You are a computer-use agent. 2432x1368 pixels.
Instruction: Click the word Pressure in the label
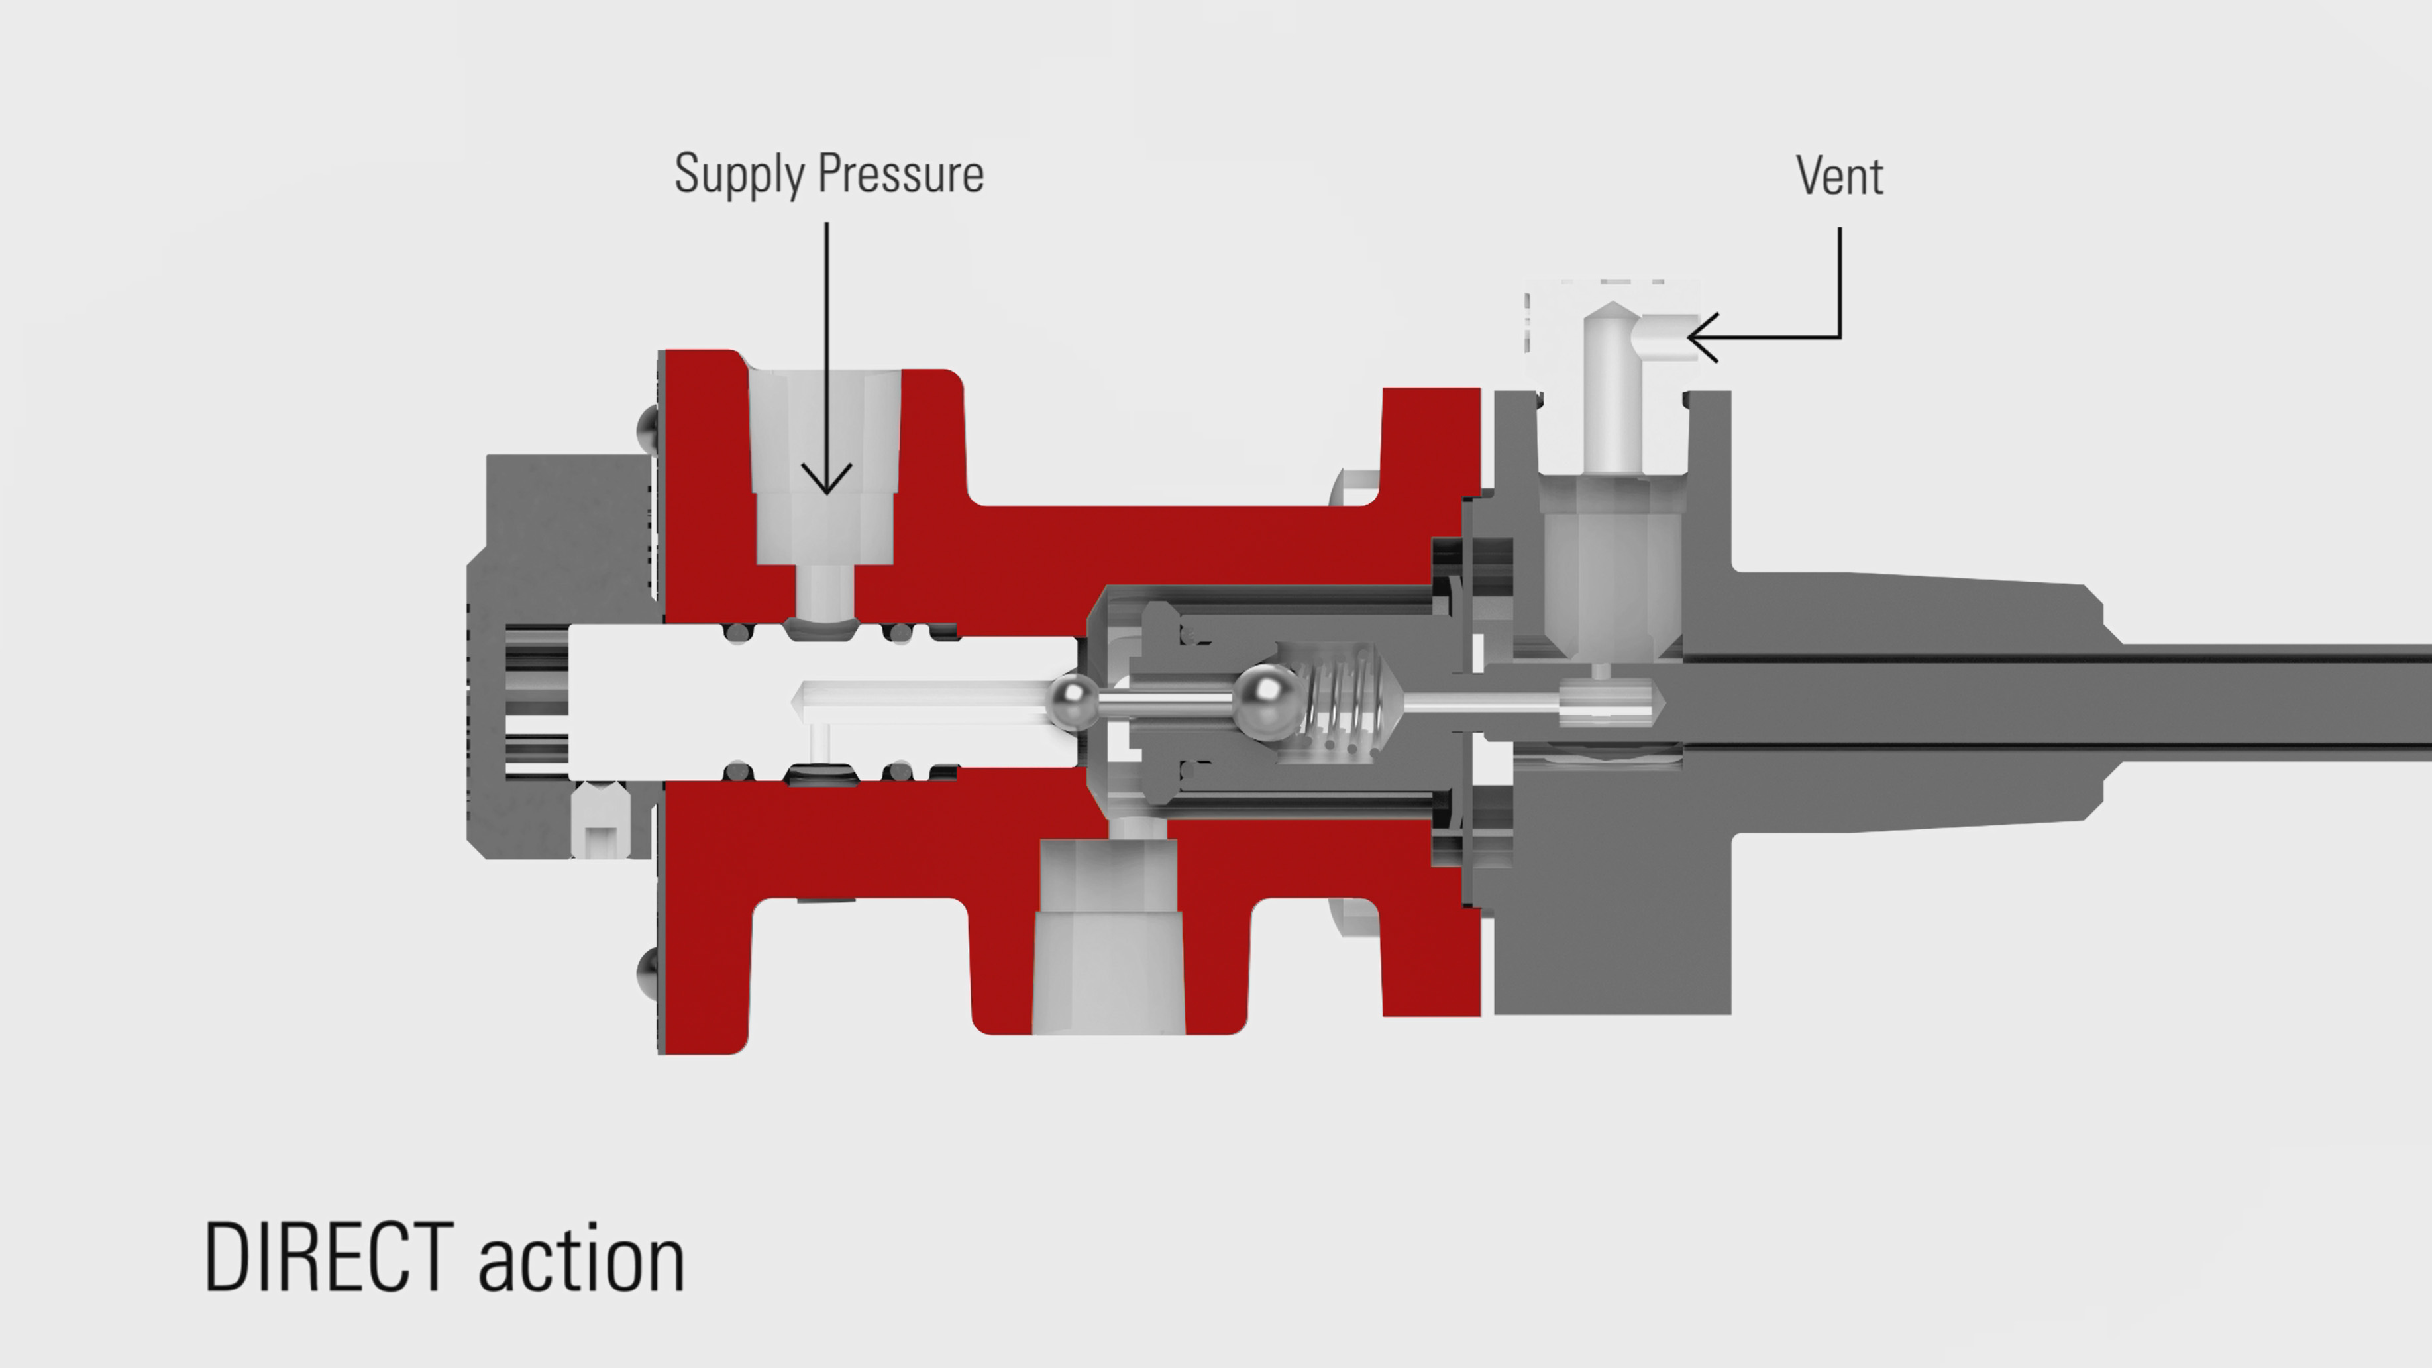click(901, 175)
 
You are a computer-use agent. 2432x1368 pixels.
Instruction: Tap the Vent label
click(1838, 176)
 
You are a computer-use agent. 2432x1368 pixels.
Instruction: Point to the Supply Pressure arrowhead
click(826, 482)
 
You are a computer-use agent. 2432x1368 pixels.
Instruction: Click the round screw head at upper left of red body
click(648, 427)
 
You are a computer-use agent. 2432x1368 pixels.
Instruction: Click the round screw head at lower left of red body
click(648, 970)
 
